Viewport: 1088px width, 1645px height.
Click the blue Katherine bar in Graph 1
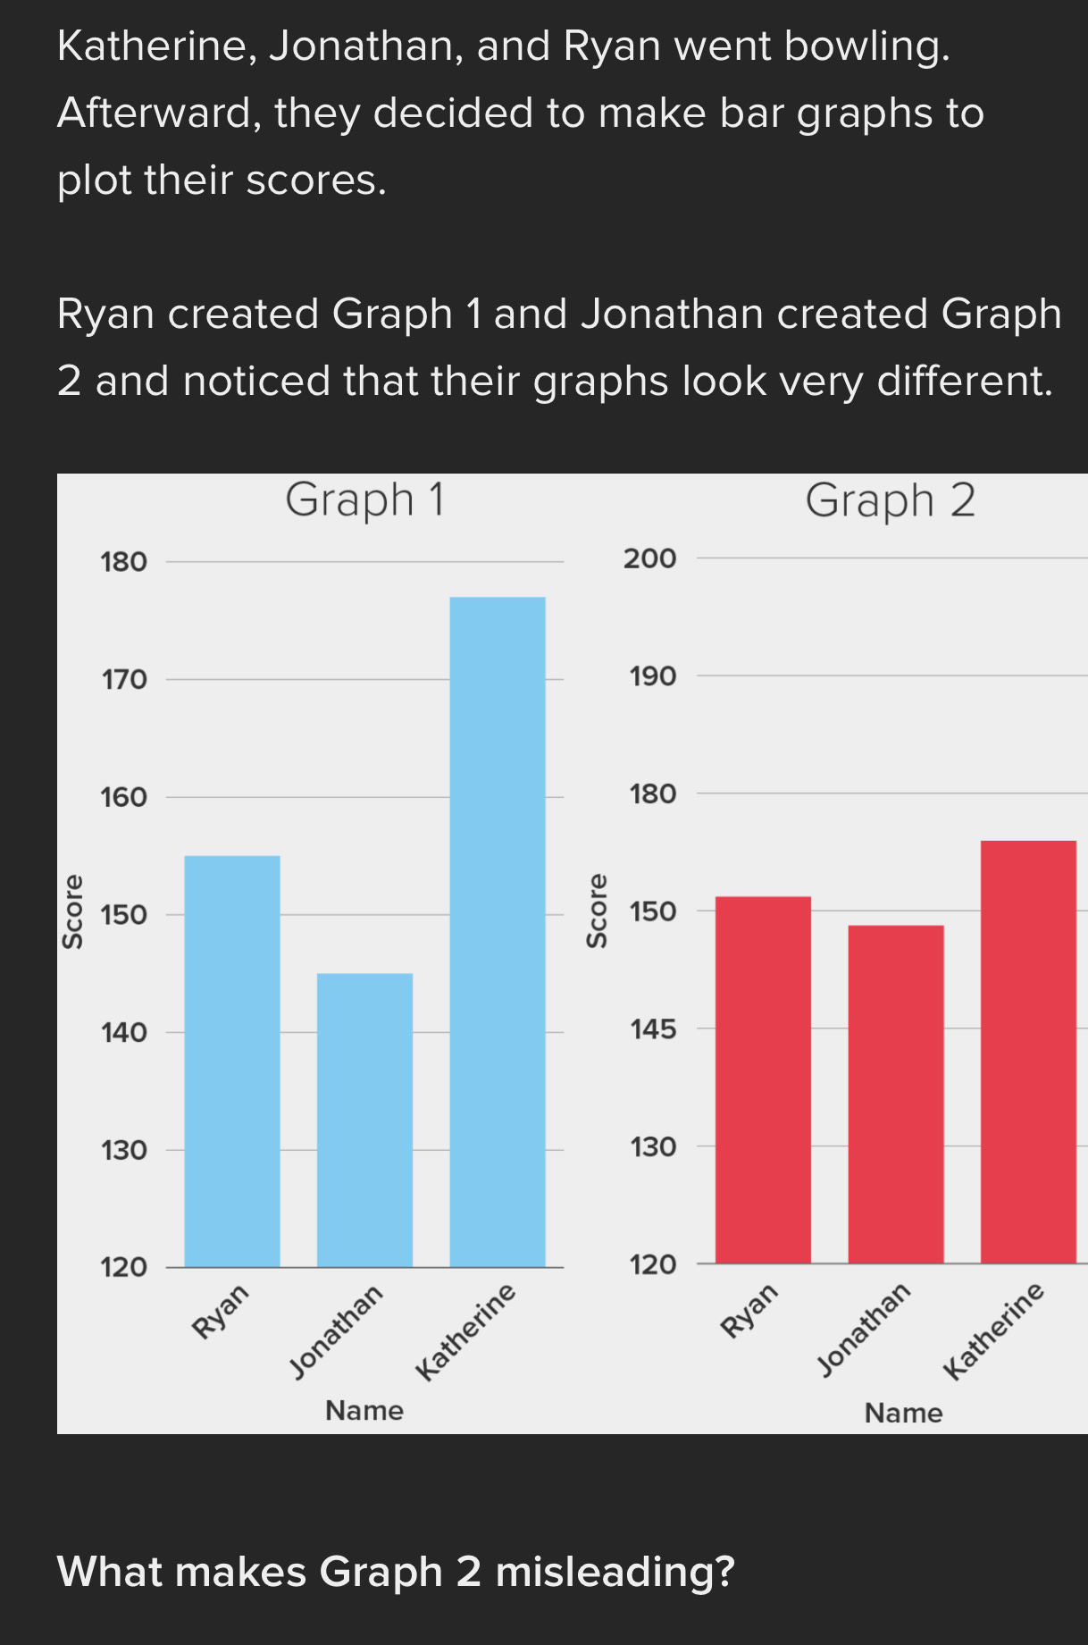(x=498, y=931)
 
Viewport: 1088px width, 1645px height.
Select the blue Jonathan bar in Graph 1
(x=364, y=1120)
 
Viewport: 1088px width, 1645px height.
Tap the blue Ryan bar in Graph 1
(x=232, y=1061)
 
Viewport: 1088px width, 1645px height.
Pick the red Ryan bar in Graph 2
(x=764, y=1079)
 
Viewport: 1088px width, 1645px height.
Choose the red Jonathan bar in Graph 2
(x=896, y=1094)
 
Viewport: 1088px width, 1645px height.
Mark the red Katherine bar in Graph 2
(x=1028, y=1052)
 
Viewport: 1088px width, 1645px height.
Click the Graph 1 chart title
(x=364, y=499)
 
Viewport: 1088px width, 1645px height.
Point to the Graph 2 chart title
(x=890, y=500)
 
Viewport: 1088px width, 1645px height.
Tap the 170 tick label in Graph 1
(x=123, y=680)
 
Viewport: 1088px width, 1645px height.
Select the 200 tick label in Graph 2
(x=650, y=558)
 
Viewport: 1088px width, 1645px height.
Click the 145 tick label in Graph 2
(x=653, y=1029)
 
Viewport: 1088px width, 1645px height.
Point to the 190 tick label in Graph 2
(x=653, y=676)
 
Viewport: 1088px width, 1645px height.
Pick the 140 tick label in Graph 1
(x=123, y=1033)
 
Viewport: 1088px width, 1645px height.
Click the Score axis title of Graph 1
(x=72, y=911)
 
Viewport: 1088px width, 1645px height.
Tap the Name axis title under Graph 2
(x=903, y=1413)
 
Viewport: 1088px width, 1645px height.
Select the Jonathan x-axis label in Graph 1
(x=337, y=1331)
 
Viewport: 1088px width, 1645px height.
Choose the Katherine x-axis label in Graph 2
(x=993, y=1330)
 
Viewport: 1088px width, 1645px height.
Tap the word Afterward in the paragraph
(x=159, y=113)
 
